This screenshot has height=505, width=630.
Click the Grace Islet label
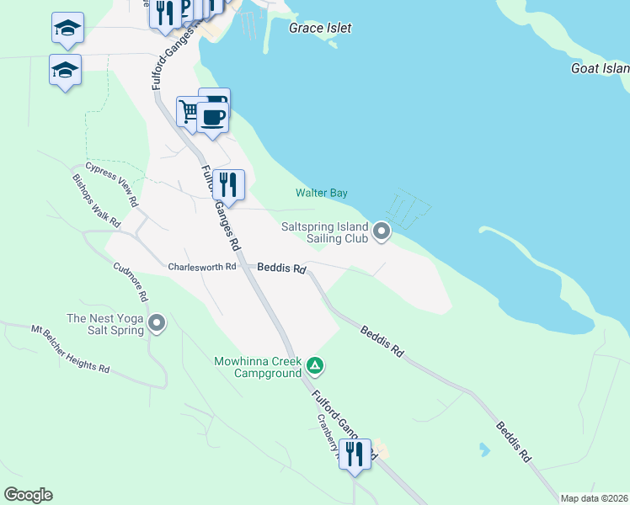coord(320,28)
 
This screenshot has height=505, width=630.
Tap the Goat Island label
coord(600,68)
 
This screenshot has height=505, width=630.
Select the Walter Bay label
coord(321,193)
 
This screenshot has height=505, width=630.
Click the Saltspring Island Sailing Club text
coord(324,233)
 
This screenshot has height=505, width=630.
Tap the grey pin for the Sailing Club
coord(382,231)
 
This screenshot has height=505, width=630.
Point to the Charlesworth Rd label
coord(201,267)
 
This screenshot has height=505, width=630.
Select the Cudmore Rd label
coord(131,283)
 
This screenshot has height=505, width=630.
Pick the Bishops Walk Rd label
coord(97,200)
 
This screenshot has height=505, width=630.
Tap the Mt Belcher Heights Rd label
coord(71,350)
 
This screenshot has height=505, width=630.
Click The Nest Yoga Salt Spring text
coord(105,324)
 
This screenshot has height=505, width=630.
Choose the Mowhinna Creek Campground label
coord(258,367)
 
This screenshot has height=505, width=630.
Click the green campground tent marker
coord(314,365)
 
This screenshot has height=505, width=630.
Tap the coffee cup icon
coord(214,117)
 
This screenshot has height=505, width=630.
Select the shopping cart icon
coord(190,110)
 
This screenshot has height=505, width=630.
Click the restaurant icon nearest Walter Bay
coord(228,183)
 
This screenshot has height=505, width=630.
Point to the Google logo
coord(28,495)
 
